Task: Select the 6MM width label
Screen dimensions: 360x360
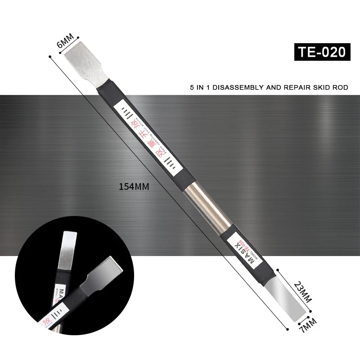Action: (66, 44)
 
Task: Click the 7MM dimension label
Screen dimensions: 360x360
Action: (308, 324)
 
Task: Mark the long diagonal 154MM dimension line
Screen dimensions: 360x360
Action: (171, 189)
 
